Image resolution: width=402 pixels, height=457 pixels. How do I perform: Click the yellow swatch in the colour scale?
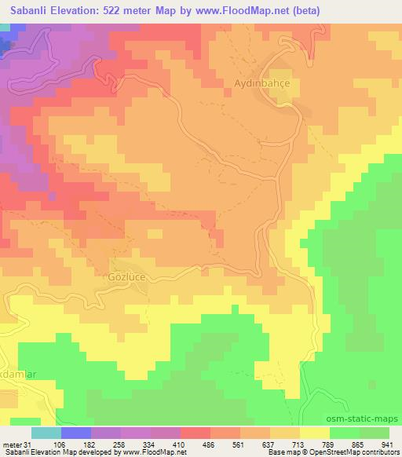(x=314, y=433)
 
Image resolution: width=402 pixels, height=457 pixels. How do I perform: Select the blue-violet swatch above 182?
(x=75, y=433)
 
